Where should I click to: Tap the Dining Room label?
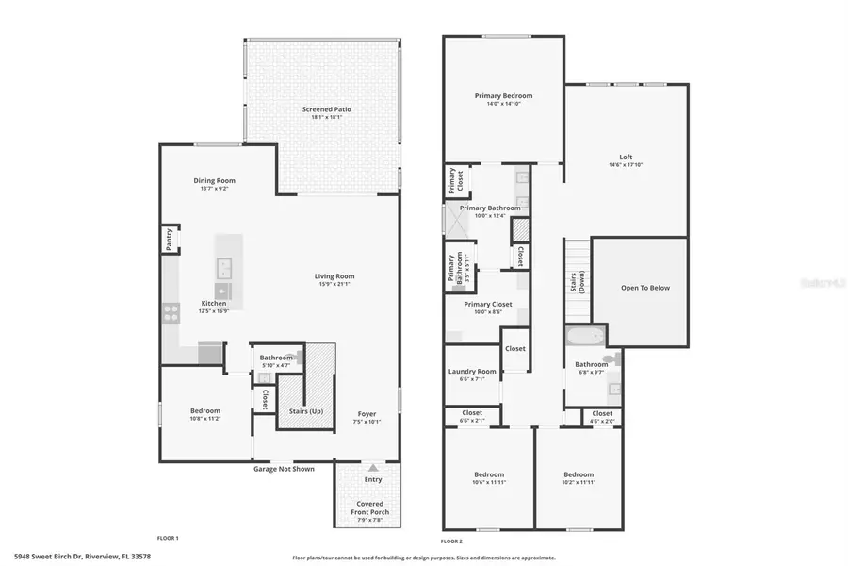(214, 180)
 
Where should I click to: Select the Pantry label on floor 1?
(168, 240)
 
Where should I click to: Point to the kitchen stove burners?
(171, 312)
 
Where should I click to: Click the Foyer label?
(367, 414)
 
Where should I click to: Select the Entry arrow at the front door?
(373, 467)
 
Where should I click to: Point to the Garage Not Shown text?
(284, 468)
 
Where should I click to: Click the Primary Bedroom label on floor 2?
(503, 95)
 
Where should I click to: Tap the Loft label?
(626, 157)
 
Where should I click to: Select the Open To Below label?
(645, 288)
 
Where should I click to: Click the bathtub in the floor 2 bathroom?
(578, 337)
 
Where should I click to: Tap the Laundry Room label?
(471, 372)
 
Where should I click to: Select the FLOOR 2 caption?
(452, 541)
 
